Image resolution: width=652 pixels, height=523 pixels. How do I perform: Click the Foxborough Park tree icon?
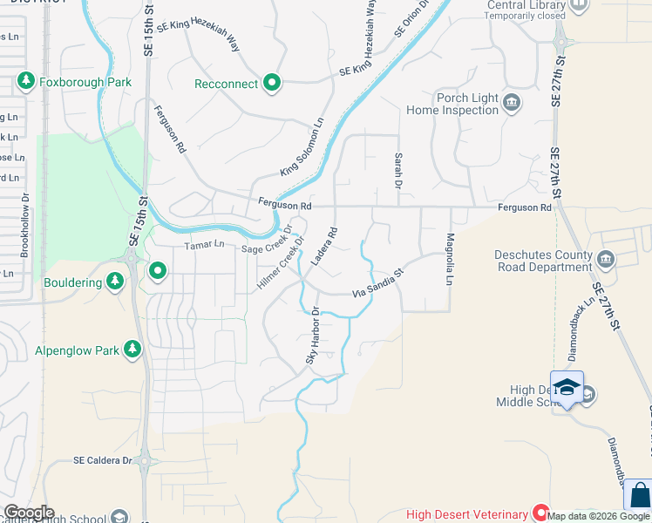(x=25, y=83)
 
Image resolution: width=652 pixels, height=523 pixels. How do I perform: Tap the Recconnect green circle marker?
(x=272, y=84)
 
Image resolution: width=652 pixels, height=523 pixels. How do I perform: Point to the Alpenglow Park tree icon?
(x=132, y=350)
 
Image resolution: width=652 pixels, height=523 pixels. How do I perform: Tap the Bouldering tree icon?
(x=114, y=281)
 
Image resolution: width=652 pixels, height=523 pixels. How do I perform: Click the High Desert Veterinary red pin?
(x=540, y=514)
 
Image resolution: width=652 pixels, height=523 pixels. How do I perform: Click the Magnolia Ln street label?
(x=450, y=259)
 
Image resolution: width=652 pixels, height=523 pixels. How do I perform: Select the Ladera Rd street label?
(x=323, y=248)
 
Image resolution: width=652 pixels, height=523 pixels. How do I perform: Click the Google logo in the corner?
(x=29, y=513)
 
